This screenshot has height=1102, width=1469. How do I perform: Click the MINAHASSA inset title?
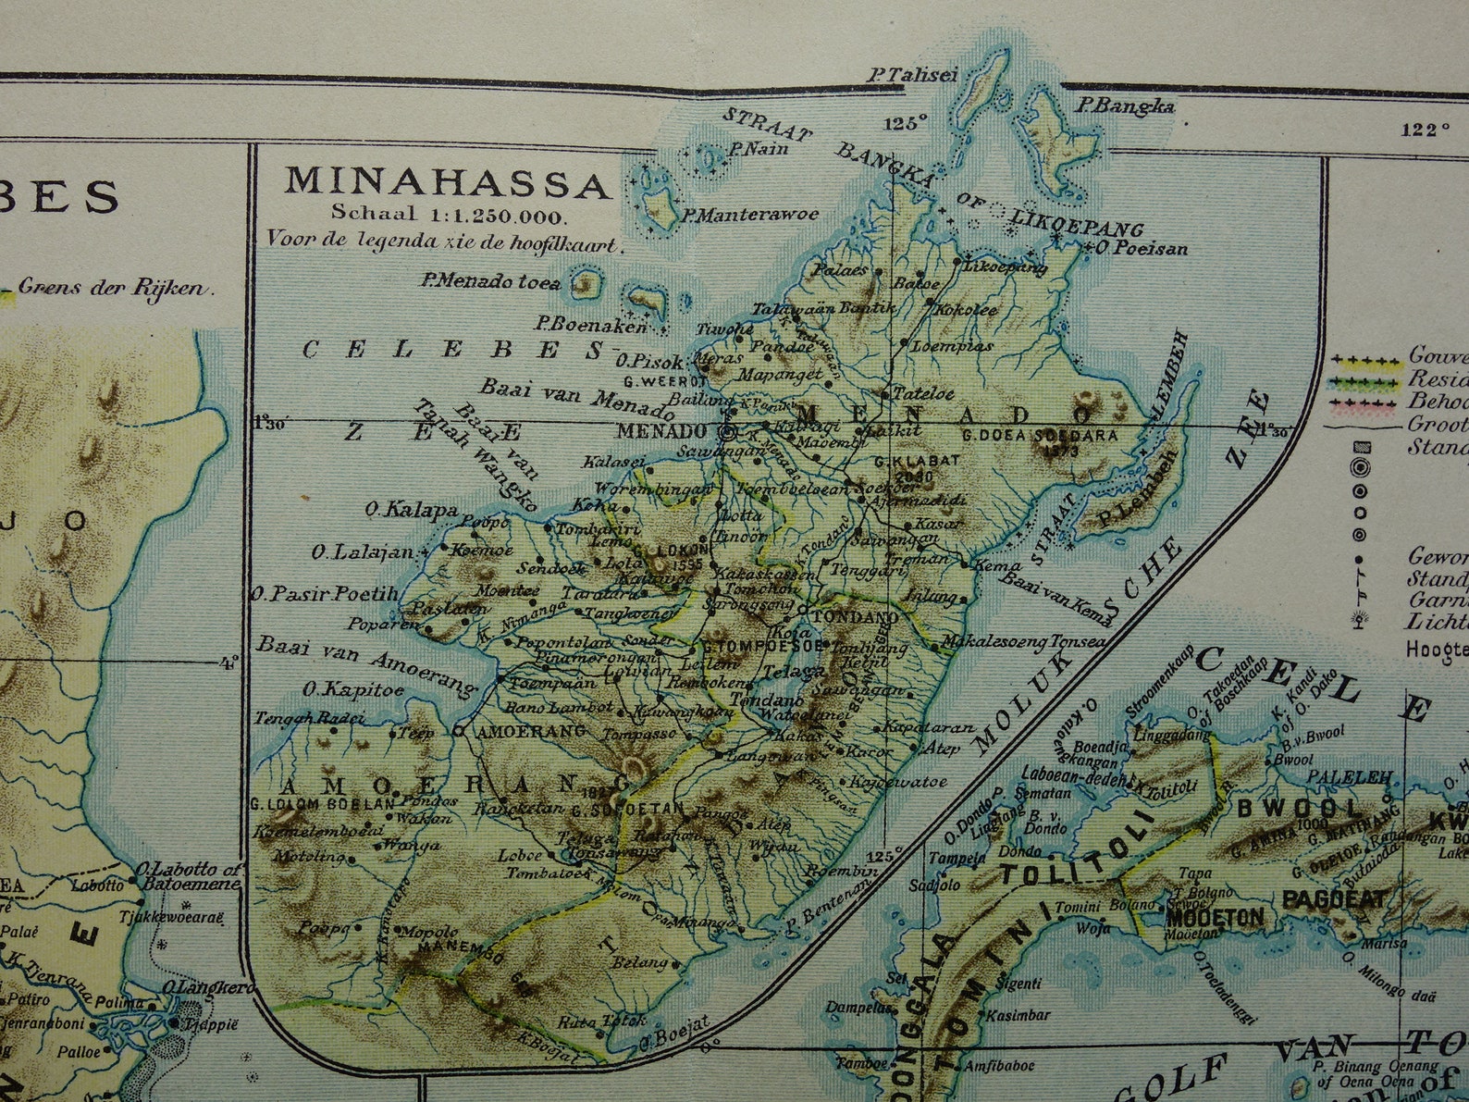(x=448, y=182)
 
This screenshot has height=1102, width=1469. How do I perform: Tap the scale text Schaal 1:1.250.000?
(x=448, y=215)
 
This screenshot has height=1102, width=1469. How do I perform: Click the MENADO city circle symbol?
(x=727, y=431)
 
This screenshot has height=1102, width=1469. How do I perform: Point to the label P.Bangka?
(x=1125, y=107)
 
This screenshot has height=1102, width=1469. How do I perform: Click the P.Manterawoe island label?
(x=750, y=216)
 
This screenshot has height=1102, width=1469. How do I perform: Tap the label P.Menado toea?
(x=490, y=281)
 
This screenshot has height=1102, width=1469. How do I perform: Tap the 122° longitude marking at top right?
(x=1425, y=130)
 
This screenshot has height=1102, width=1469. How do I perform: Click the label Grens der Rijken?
(x=111, y=288)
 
